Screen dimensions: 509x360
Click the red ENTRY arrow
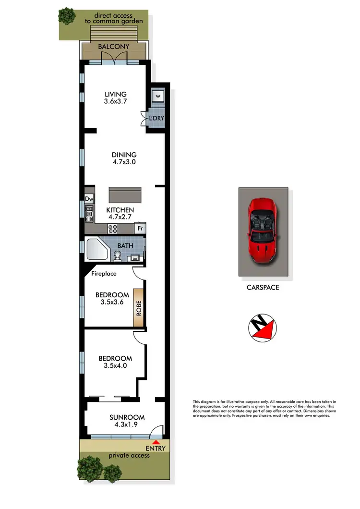tap(155, 442)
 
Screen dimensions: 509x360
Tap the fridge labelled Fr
tap(140, 229)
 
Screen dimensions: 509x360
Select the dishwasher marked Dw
tap(89, 198)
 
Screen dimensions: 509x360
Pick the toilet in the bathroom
tap(118, 256)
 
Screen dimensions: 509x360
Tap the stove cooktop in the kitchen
tap(113, 228)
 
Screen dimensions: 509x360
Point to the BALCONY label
tap(114, 47)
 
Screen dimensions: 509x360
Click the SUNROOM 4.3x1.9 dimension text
tap(127, 421)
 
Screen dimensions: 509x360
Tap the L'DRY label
tap(156, 118)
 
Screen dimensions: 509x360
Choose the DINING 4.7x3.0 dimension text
tap(124, 158)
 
